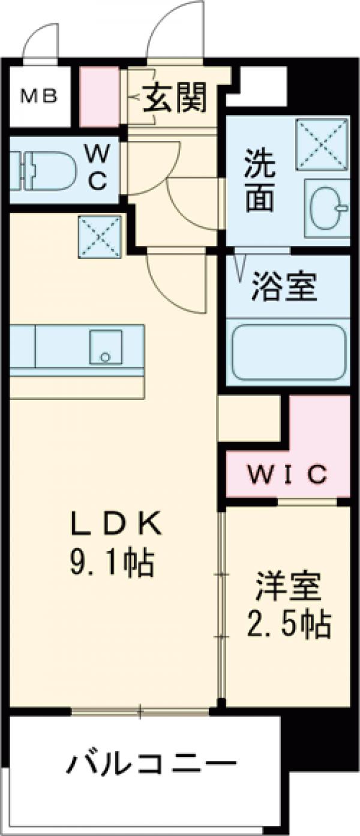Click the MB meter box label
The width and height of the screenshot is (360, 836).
click(40, 97)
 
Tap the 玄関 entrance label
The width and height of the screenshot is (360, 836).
click(175, 97)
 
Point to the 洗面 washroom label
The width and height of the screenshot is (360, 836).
click(260, 183)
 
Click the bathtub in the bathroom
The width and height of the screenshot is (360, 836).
click(289, 353)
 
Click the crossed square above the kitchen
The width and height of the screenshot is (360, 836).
click(100, 237)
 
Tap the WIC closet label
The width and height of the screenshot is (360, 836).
click(288, 474)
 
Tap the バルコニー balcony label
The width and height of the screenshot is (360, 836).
click(151, 765)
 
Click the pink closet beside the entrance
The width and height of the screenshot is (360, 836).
click(99, 97)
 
